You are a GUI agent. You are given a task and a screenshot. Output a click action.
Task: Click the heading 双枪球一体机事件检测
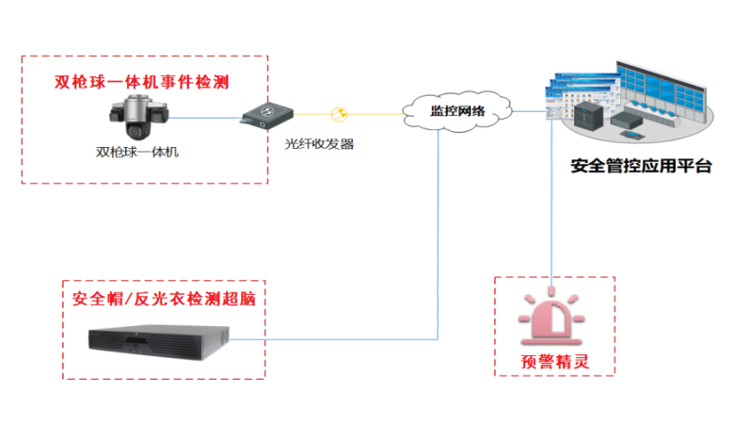142,82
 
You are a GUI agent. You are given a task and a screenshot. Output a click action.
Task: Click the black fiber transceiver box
264,115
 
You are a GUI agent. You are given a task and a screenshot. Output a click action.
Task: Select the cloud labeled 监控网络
457,111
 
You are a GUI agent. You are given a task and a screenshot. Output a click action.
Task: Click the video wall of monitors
664,88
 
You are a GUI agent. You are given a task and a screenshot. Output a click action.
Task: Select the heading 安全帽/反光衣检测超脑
165,300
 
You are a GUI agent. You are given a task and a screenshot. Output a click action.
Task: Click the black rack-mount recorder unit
159,339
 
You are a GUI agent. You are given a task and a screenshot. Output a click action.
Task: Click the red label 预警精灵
554,361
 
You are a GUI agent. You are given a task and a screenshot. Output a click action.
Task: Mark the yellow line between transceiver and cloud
376,115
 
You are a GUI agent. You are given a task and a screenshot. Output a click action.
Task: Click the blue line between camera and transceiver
202,118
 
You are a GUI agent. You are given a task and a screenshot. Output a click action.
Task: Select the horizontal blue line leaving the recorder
339,339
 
